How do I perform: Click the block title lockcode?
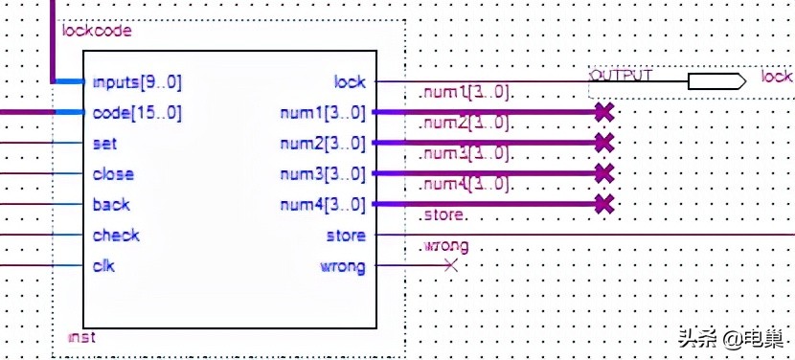click(x=96, y=31)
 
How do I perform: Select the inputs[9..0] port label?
click(x=136, y=82)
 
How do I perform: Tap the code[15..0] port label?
click(x=136, y=113)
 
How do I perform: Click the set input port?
click(x=104, y=144)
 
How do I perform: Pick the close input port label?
click(x=113, y=174)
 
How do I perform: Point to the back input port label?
click(x=111, y=205)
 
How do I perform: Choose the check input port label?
click(x=116, y=236)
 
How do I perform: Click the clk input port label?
click(x=103, y=266)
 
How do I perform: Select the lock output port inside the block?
click(x=350, y=82)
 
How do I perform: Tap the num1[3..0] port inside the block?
click(x=322, y=113)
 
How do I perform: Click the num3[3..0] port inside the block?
click(x=322, y=174)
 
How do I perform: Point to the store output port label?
click(x=346, y=236)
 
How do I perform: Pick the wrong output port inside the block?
click(x=342, y=266)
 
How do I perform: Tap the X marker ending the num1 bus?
click(x=602, y=112)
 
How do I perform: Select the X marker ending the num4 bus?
click(x=602, y=203)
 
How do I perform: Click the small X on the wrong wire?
click(x=451, y=265)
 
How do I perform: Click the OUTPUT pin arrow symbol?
click(x=716, y=81)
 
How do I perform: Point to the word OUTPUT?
click(x=621, y=75)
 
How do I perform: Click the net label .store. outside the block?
click(x=443, y=216)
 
